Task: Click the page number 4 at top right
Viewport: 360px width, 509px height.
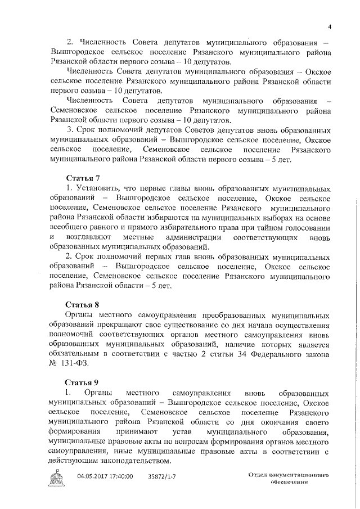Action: (330, 26)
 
